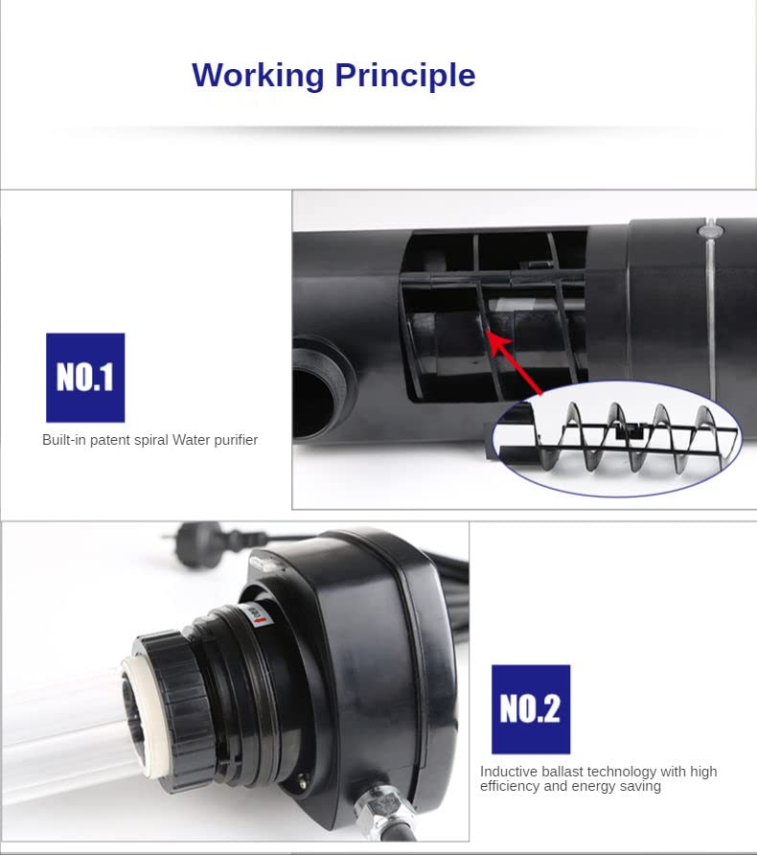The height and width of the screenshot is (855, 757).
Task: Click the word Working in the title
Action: click(259, 76)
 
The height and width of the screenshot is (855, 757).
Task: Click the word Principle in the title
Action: click(405, 76)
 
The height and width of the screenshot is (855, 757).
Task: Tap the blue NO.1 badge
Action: click(85, 378)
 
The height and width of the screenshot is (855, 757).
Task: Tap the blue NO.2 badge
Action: click(531, 709)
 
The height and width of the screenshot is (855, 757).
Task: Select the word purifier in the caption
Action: click(236, 440)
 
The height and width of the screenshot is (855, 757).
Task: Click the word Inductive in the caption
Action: click(501, 772)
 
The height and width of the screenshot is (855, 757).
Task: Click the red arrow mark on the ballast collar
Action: click(262, 620)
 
